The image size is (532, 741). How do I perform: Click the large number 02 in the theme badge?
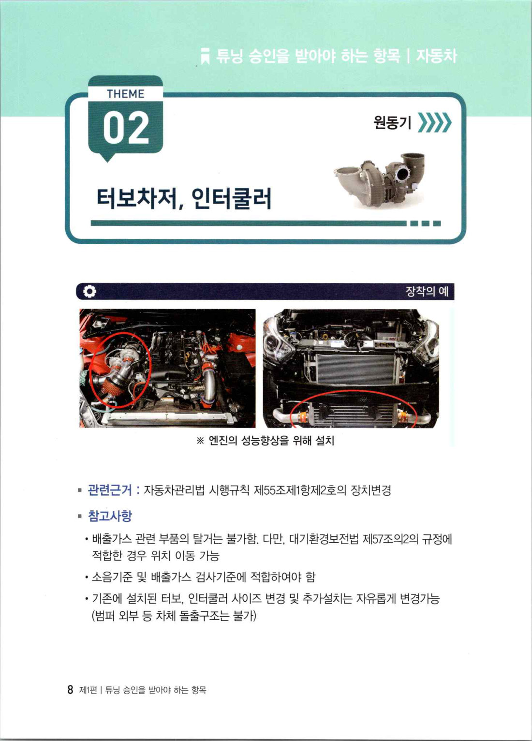126,127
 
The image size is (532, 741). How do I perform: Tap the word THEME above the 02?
126,94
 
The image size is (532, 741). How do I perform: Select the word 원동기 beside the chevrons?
392,123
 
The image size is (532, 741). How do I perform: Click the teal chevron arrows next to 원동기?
435,123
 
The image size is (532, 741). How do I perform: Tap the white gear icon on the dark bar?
89,292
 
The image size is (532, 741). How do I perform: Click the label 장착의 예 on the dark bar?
427,292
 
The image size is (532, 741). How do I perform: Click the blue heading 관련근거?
109,490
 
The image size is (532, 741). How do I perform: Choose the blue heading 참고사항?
109,516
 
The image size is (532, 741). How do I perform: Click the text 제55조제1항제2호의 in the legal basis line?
300,490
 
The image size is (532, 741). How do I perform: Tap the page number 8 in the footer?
70,690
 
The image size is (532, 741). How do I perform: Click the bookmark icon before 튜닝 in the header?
206,56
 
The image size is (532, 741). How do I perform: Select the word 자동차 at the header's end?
436,56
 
